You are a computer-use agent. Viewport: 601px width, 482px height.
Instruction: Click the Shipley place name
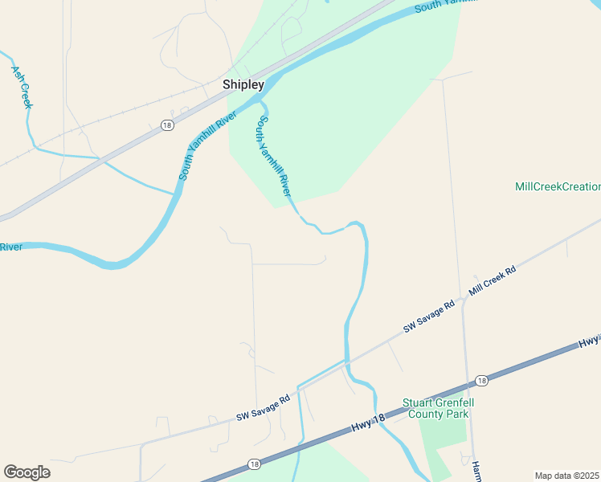pos(243,84)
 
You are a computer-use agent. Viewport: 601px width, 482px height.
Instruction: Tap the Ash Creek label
pos(22,87)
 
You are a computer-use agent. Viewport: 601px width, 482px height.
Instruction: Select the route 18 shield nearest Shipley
pos(166,125)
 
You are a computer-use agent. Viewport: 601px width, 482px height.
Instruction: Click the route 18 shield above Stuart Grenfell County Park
pos(480,381)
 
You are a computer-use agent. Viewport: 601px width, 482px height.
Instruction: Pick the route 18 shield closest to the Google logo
pos(254,464)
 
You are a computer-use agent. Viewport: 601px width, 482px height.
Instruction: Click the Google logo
pos(27,472)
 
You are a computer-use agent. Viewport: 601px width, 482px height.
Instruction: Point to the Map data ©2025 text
pos(566,476)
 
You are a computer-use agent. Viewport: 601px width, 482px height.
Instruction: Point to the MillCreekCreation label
pos(558,186)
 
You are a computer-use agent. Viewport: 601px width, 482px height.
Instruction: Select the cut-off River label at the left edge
pos(10,247)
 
